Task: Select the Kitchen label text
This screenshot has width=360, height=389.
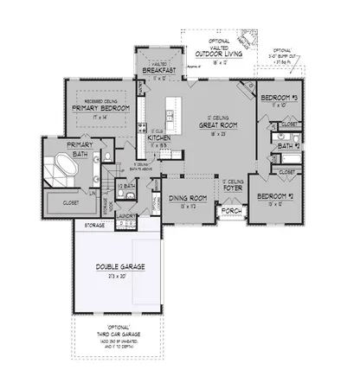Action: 157,137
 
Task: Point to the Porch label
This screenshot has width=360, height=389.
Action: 231,210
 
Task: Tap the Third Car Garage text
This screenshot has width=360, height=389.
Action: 119,334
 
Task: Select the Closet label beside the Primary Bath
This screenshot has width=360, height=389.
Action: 72,202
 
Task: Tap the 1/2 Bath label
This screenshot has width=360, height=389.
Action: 128,186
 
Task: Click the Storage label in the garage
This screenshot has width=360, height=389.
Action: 94,226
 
